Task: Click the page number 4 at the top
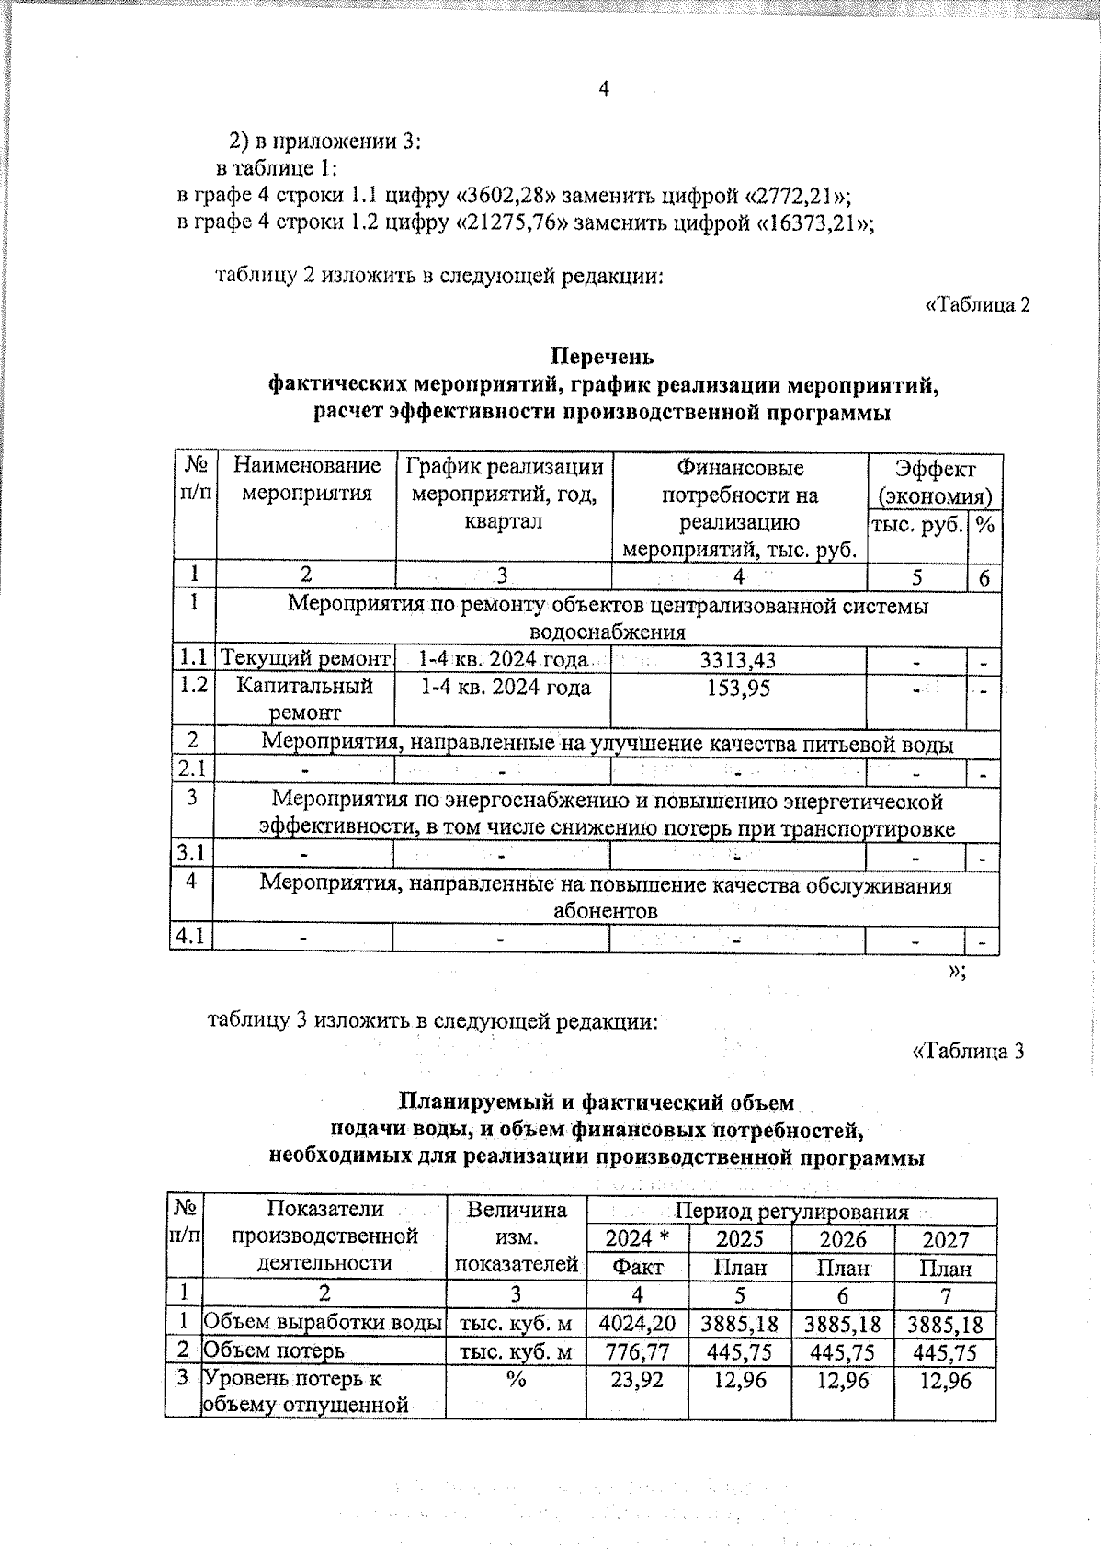[604, 88]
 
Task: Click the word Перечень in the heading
[602, 356]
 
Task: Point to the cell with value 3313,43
[738, 660]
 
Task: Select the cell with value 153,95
[738, 688]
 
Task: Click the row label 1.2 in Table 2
[192, 686]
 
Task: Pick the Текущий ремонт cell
[305, 659]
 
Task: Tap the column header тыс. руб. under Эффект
[915, 525]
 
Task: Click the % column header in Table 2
[984, 525]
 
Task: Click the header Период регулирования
[791, 1212]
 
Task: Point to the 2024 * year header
[636, 1239]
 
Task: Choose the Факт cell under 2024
[636, 1268]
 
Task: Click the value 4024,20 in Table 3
[636, 1324]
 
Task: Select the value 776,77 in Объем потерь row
[636, 1351]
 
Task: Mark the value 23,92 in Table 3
[636, 1380]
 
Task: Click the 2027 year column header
[945, 1239]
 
